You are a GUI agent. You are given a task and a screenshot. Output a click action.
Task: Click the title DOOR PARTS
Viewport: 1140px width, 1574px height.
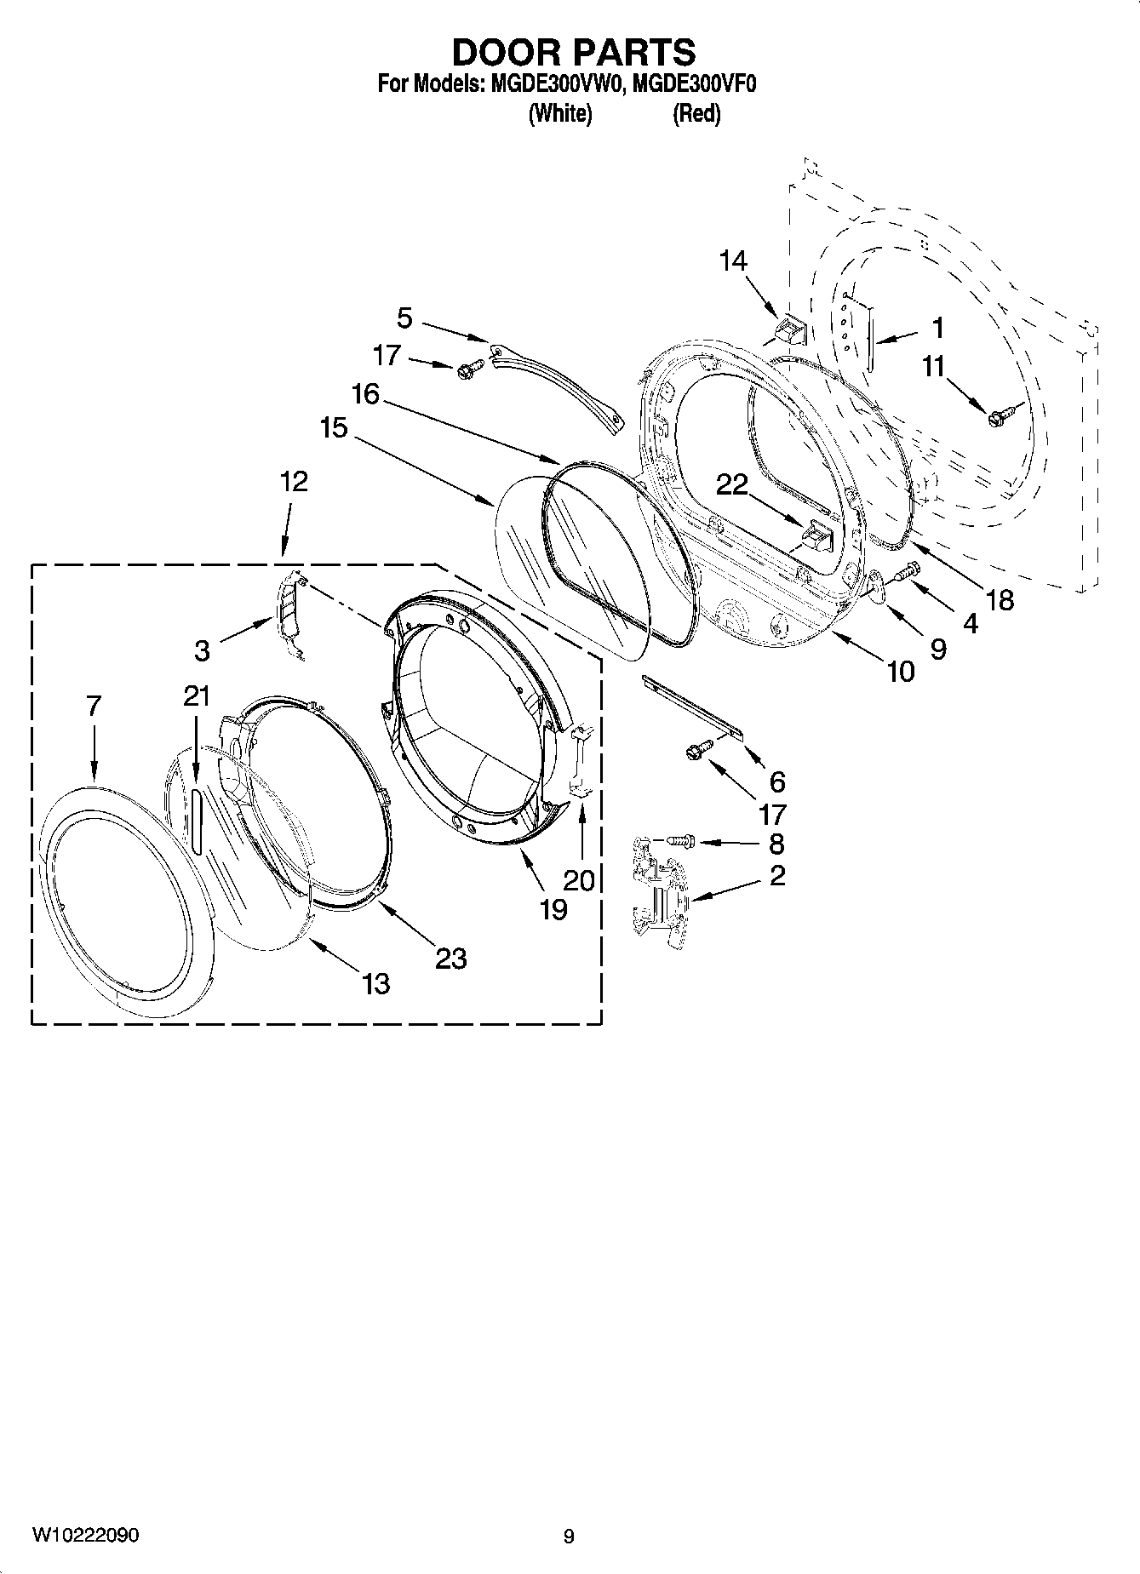(x=573, y=53)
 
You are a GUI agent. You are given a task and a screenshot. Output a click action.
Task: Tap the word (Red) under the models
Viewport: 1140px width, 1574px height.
(x=696, y=113)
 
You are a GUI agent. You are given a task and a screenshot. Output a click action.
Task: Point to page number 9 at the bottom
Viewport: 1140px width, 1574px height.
(x=569, y=1537)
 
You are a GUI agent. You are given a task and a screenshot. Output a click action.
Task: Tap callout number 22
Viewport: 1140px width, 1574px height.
(x=731, y=485)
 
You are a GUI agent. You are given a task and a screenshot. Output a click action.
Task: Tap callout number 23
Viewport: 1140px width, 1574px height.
(x=450, y=959)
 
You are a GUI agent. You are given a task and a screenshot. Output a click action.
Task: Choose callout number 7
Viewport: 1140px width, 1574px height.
(x=94, y=706)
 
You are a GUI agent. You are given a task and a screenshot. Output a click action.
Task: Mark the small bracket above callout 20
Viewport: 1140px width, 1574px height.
(x=582, y=759)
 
